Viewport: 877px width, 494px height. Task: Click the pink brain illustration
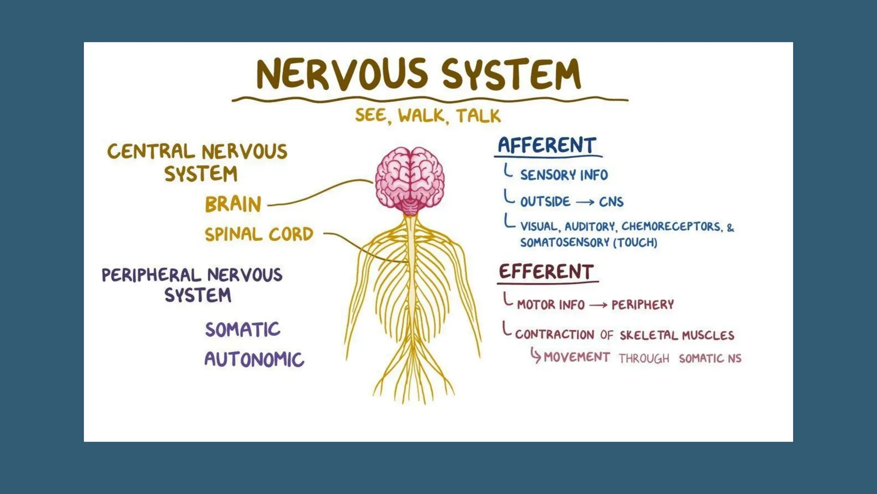click(x=410, y=180)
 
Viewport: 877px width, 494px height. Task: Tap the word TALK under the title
click(x=478, y=116)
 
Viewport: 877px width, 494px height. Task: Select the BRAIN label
click(x=233, y=204)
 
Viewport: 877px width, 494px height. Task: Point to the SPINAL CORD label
click(x=259, y=235)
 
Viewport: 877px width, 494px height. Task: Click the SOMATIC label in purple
click(x=242, y=329)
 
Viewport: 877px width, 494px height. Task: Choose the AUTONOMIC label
click(x=254, y=359)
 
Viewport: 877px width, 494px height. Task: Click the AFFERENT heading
click(x=547, y=145)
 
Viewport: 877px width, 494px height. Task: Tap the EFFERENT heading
click(x=546, y=272)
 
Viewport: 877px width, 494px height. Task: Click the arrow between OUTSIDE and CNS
click(x=585, y=202)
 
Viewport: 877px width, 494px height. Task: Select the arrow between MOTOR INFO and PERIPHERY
click(x=598, y=305)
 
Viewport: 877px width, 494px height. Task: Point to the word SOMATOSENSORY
click(x=564, y=243)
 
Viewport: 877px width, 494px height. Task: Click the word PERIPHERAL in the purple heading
click(x=151, y=275)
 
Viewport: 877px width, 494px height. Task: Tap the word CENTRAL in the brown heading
click(x=151, y=151)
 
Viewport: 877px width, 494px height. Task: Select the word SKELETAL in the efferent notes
click(x=648, y=335)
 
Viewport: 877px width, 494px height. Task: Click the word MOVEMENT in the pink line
click(x=576, y=357)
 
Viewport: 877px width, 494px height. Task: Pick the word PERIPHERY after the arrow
click(x=642, y=305)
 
